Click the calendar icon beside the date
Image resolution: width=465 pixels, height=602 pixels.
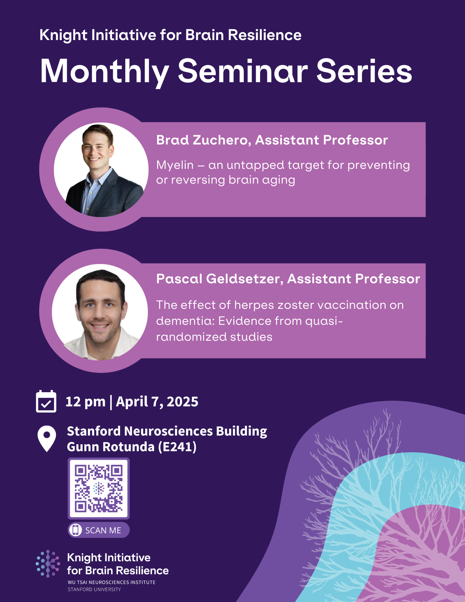coord(46,402)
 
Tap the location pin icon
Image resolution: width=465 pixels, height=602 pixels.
coord(47,438)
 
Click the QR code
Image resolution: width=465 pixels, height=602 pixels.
coord(99,488)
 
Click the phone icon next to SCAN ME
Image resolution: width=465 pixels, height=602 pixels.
coord(76,530)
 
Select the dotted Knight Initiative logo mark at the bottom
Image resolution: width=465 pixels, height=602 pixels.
coord(48,563)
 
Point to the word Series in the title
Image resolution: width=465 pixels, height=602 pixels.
coord(364,72)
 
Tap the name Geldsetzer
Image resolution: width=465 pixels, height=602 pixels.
coord(244,279)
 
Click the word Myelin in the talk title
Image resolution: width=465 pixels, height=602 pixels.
coord(175,165)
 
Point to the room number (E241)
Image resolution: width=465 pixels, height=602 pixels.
coord(177,447)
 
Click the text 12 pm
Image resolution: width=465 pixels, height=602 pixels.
coord(85,402)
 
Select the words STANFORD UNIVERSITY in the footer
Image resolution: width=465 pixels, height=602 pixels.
coord(94,589)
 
